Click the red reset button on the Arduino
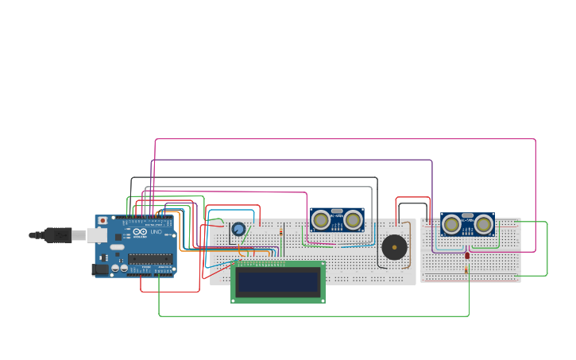(102, 220)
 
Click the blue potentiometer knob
(238, 229)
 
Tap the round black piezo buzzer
(394, 247)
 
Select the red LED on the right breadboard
(467, 255)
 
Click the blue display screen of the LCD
(277, 281)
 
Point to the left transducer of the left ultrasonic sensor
(321, 220)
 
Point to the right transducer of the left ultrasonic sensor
(353, 220)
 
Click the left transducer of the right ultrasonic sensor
(451, 224)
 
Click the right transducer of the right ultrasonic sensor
(483, 224)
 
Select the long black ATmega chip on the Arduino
(150, 258)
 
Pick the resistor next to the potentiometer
(281, 232)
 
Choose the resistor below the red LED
(466, 270)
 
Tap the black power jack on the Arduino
(100, 269)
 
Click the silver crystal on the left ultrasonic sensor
(337, 211)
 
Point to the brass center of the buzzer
(394, 247)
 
